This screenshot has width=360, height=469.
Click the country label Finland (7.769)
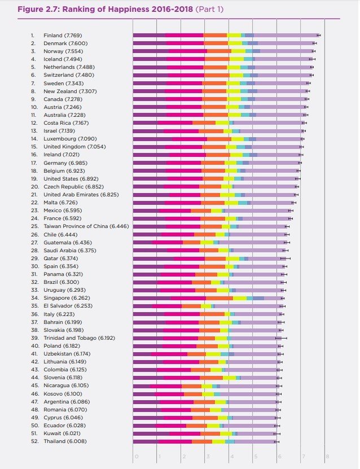pos(64,35)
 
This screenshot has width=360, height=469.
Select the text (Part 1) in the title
pos(209,10)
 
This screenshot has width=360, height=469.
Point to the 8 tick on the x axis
pos(327,456)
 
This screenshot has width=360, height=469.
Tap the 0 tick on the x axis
pos(135,456)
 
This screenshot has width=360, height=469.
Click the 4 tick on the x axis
pos(231,456)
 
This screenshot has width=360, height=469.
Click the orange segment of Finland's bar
pos(215,35)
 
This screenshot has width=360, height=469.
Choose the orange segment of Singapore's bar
pos(219,297)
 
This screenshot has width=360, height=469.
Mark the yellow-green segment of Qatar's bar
pos(232,258)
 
